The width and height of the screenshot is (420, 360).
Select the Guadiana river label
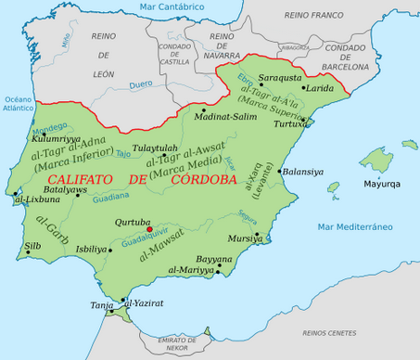click(112, 197)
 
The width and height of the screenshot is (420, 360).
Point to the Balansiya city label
click(303, 172)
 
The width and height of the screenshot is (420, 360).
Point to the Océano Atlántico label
click(17, 105)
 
